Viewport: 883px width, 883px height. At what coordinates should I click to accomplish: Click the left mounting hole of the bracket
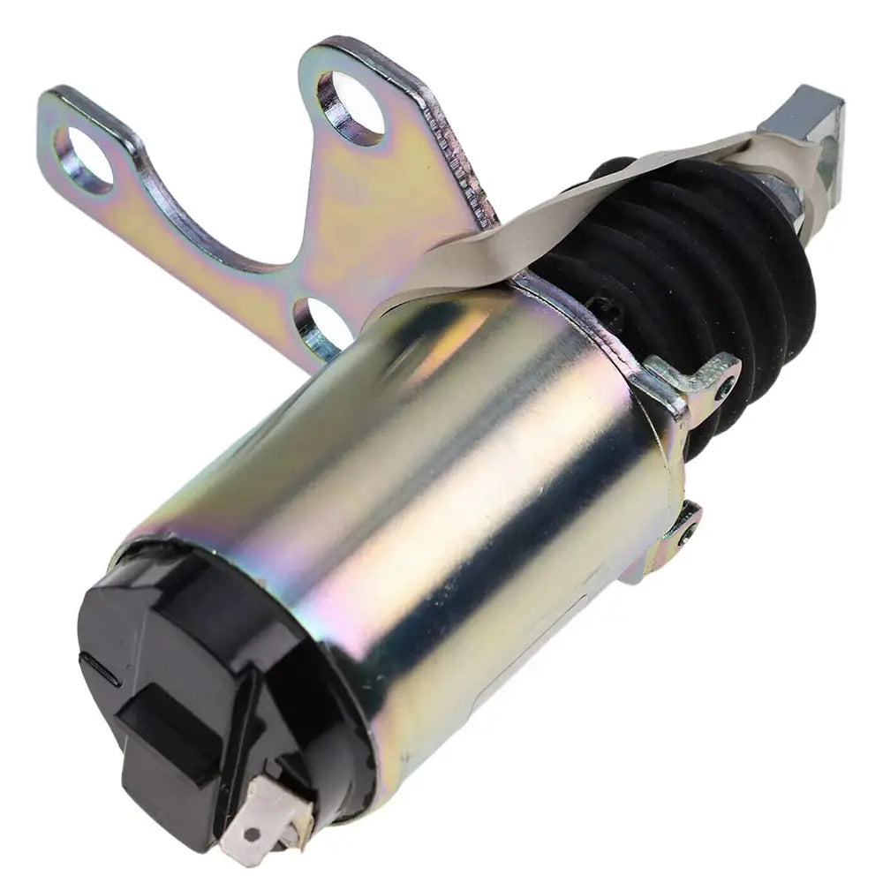[85, 158]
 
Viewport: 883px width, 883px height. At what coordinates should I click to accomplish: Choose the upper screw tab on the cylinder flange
[706, 375]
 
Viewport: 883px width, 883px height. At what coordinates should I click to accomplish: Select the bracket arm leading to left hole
[194, 221]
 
